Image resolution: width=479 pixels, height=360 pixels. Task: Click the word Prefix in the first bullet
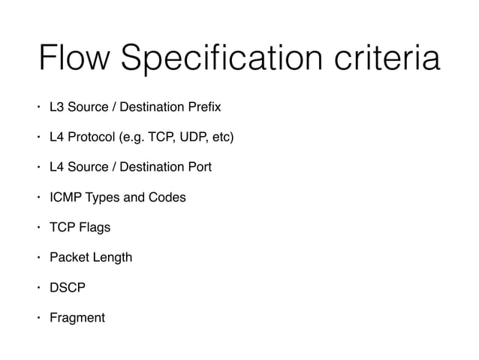click(204, 107)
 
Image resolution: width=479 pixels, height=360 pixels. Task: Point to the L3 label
click(57, 107)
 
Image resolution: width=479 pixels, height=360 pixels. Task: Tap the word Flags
click(94, 227)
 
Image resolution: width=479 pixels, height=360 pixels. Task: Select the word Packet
click(69, 257)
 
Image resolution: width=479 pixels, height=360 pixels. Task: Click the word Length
click(112, 257)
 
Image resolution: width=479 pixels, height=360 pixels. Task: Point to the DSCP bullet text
click(68, 287)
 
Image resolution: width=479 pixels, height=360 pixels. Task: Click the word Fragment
click(77, 317)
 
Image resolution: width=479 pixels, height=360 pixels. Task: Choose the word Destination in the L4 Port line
click(153, 167)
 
